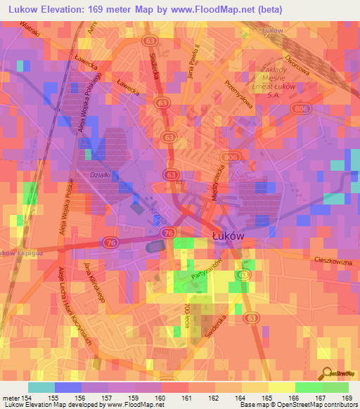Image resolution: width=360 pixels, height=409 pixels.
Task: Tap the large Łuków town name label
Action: [228, 237]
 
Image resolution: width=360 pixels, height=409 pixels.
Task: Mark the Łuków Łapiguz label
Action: [18, 252]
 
